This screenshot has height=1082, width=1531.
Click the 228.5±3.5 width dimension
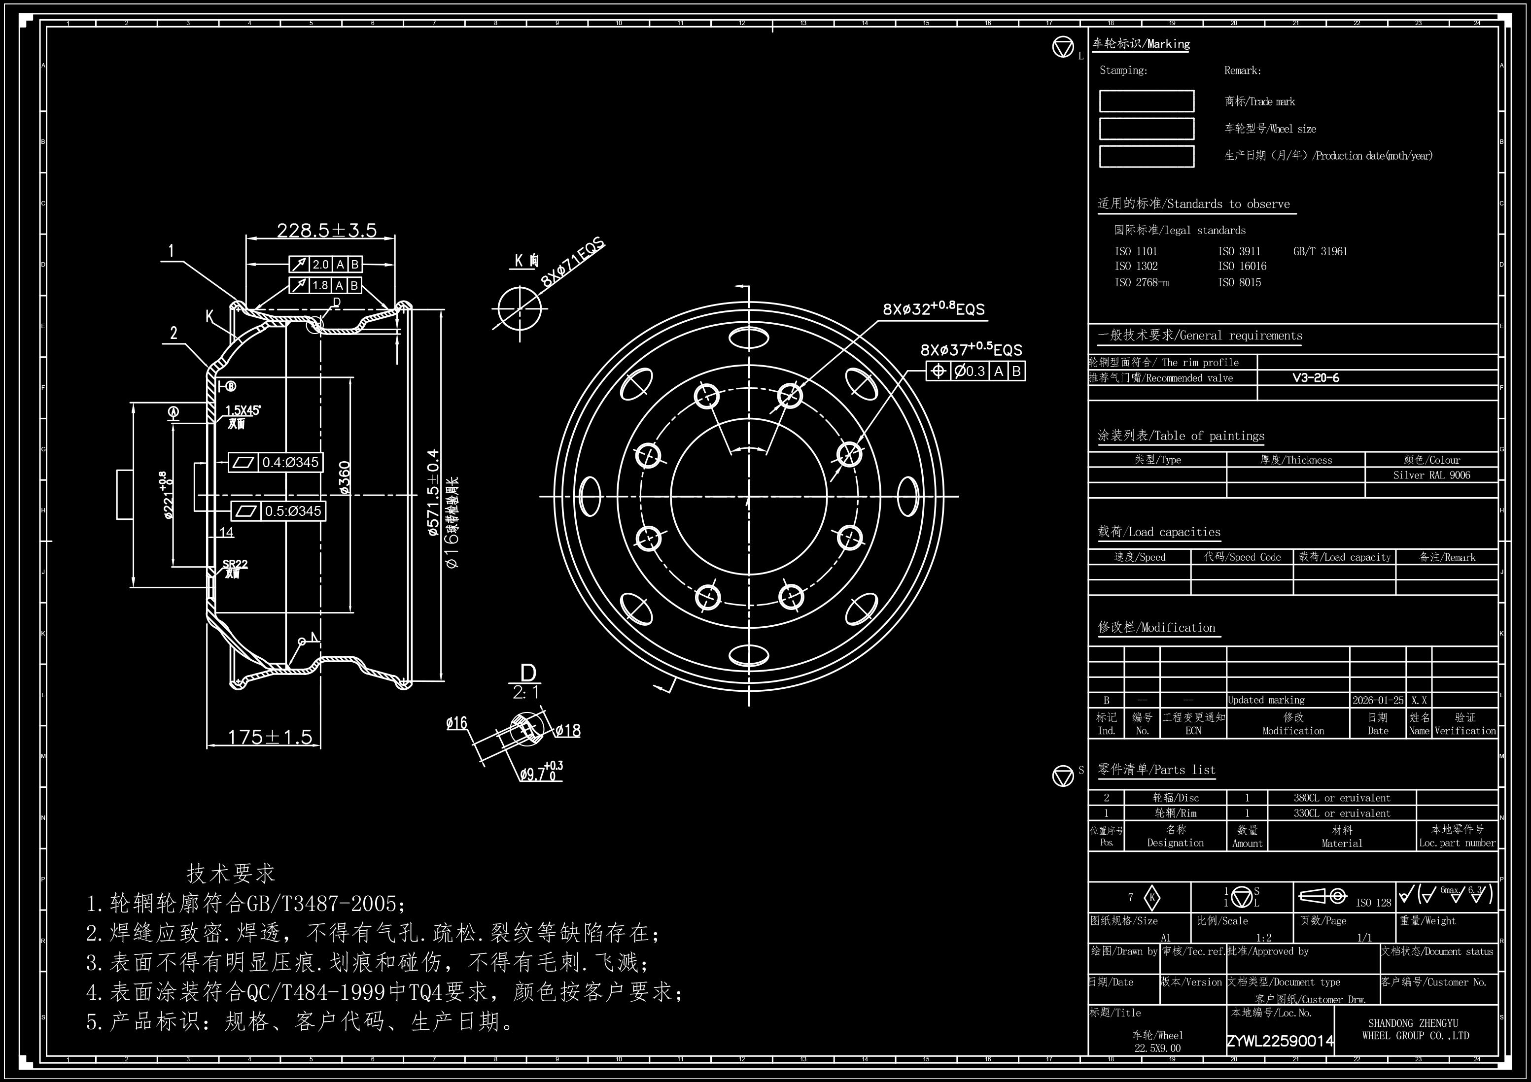(x=327, y=231)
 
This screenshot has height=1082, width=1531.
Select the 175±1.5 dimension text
(x=270, y=737)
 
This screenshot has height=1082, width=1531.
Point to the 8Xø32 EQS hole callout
(x=934, y=308)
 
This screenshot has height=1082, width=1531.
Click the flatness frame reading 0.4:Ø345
(x=276, y=462)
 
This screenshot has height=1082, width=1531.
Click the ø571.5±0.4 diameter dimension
(x=433, y=493)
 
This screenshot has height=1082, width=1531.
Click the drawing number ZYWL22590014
(x=1280, y=1041)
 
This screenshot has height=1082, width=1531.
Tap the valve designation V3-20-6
(x=1316, y=378)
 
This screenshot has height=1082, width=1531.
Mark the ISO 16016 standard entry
(x=1242, y=266)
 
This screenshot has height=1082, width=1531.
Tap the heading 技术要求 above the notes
(x=231, y=873)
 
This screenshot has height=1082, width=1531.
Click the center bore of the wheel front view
(x=748, y=497)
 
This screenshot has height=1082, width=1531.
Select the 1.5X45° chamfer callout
(x=243, y=410)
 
